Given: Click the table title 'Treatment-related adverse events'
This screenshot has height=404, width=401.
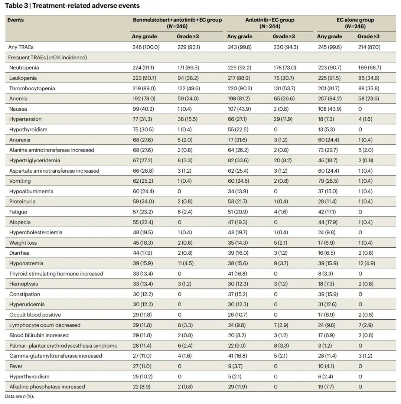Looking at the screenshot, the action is click(86, 6).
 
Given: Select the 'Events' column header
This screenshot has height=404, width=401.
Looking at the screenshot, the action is click(16, 20).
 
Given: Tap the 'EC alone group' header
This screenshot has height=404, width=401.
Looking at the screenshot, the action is click(355, 20).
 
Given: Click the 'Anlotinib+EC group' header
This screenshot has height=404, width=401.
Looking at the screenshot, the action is click(270, 20).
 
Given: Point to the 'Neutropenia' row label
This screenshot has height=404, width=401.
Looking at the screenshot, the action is click(24, 68).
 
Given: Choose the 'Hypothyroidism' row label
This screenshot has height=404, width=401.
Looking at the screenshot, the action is click(28, 130).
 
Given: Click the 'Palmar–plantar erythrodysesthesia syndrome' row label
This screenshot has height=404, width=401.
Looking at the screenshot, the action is click(63, 346).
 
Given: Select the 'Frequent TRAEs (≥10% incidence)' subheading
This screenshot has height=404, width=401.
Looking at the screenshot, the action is click(48, 58).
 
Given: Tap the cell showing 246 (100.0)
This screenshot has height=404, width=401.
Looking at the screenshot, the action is click(146, 47).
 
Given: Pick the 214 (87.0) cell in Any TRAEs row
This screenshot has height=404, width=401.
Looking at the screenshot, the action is click(369, 47).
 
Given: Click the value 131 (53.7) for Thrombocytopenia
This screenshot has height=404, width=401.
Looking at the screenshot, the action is click(284, 88).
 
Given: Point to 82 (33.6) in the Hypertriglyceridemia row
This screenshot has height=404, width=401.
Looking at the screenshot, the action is click(238, 160).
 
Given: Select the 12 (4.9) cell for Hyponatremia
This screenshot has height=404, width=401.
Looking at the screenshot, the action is click(366, 263).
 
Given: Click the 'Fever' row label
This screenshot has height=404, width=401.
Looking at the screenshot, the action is click(16, 366).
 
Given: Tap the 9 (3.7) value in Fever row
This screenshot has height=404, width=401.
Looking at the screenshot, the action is click(235, 366).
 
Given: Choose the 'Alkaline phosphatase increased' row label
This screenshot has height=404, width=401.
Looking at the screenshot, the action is click(47, 387).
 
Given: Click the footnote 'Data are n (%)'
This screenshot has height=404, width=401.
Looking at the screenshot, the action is click(19, 397).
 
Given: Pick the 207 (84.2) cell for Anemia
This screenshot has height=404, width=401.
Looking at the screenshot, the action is click(330, 99).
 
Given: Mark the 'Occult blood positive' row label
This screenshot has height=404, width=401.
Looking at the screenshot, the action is click(35, 315).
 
